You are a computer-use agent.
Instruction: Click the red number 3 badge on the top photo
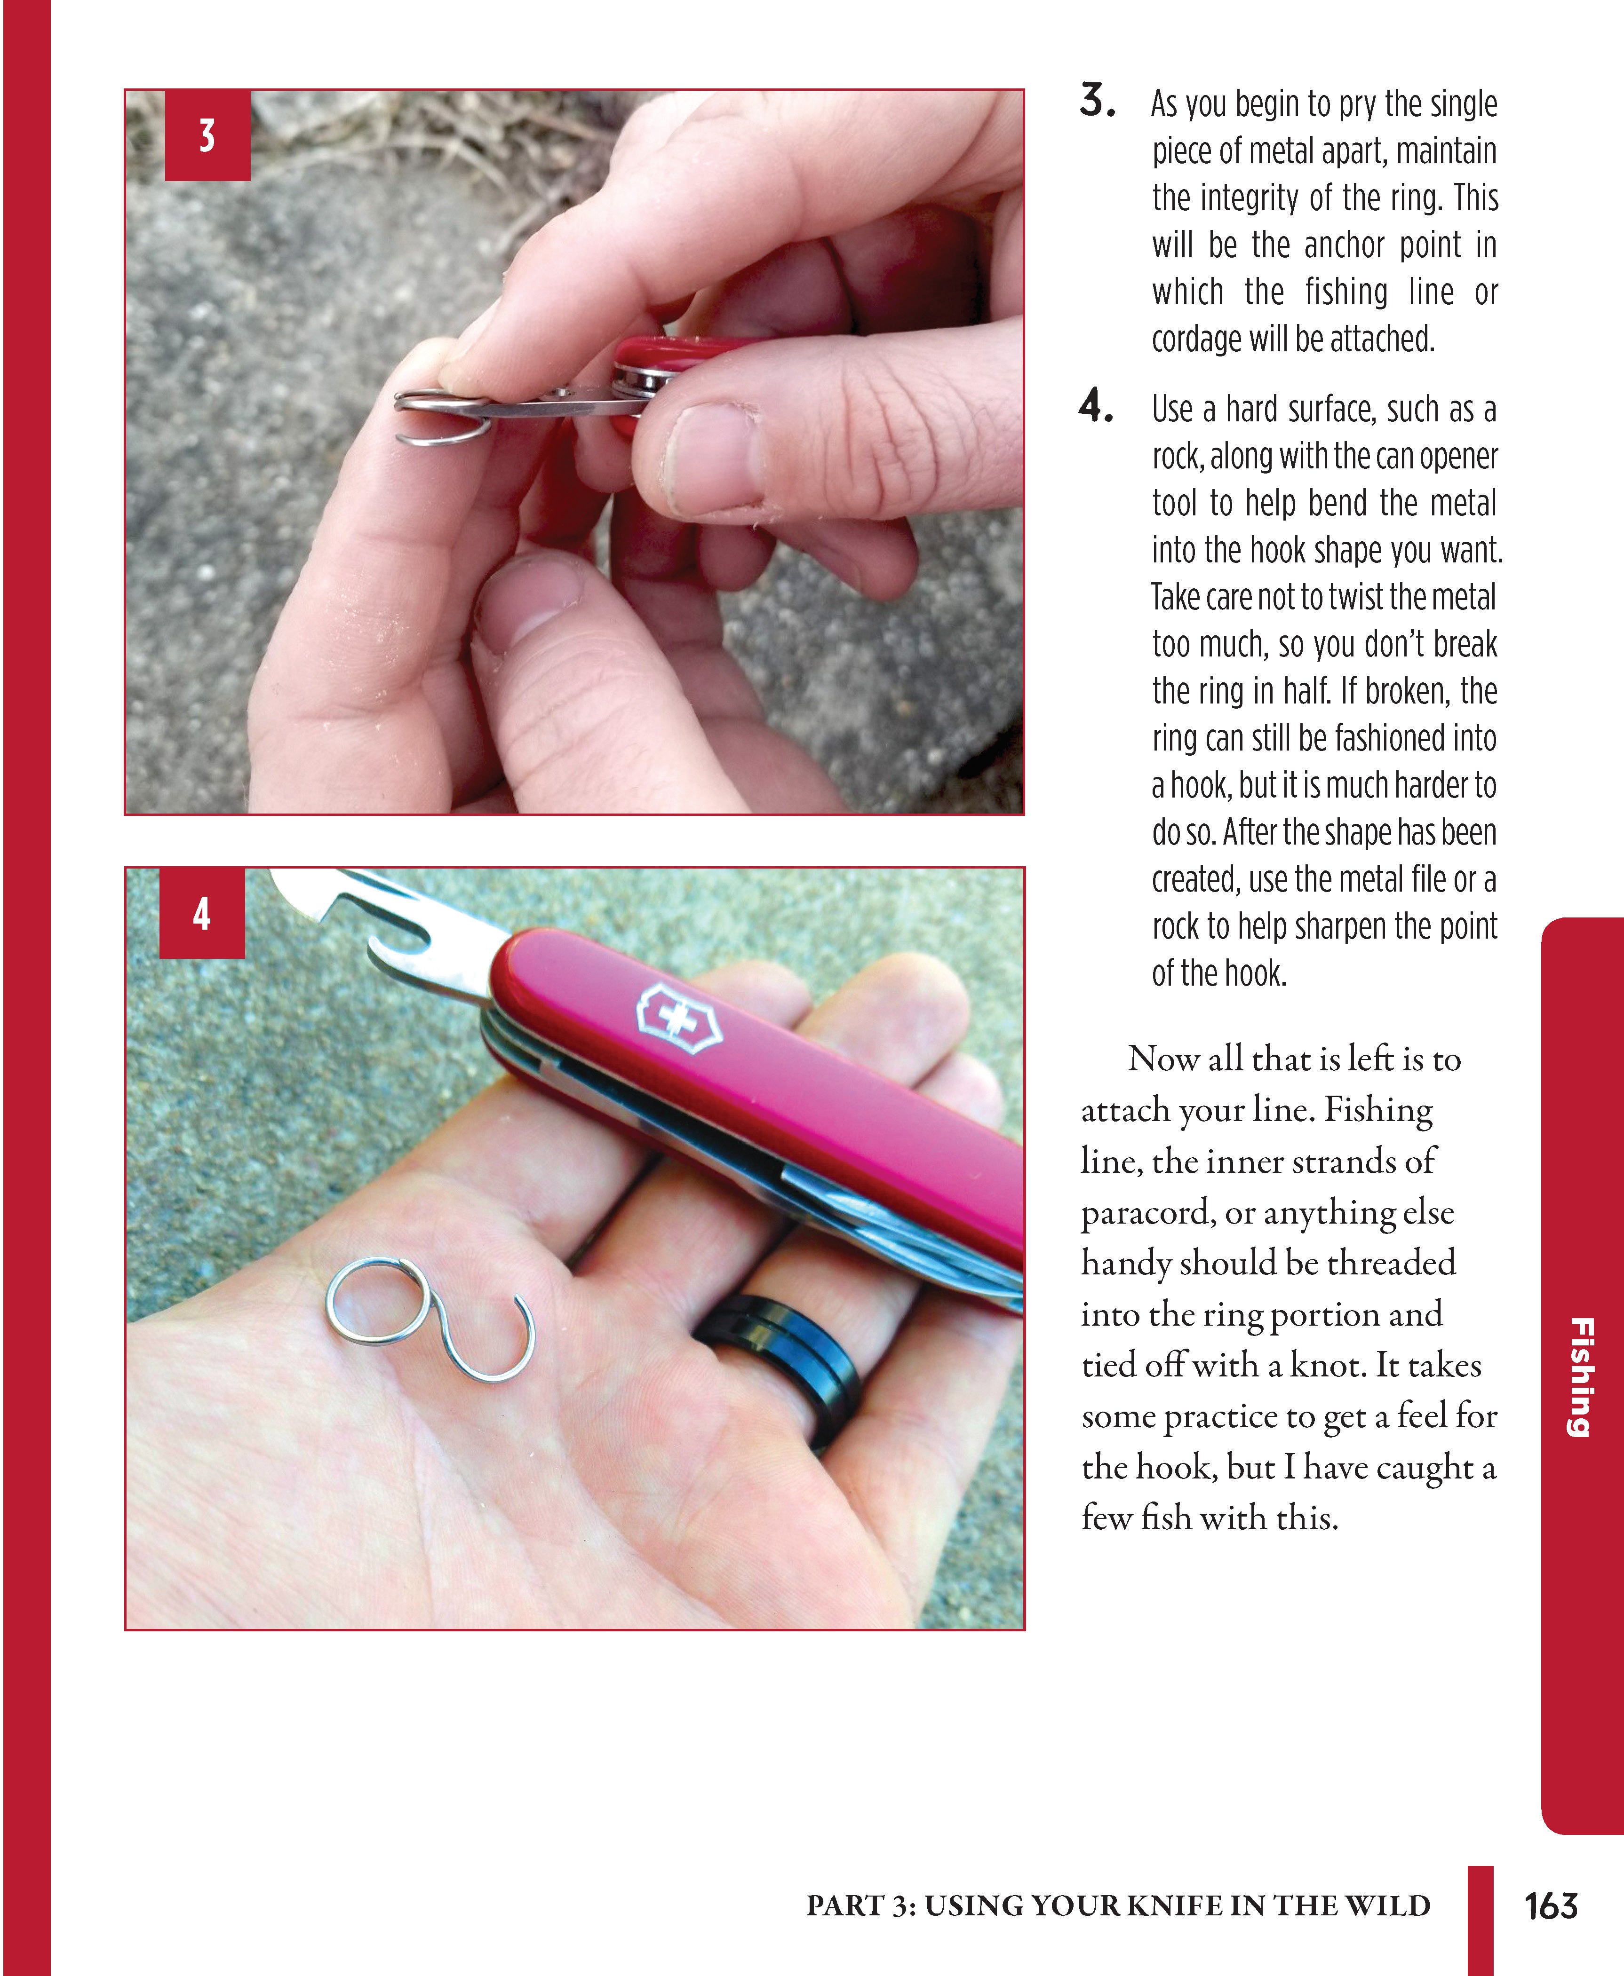[207, 135]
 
